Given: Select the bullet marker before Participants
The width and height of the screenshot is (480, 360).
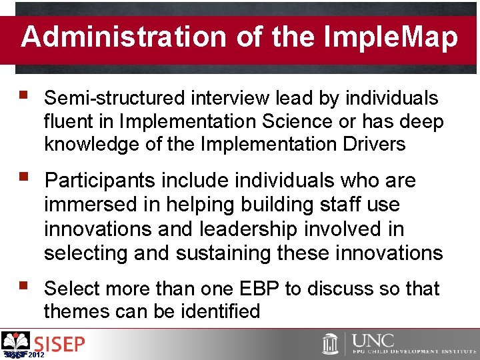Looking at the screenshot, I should pyautogui.click(x=25, y=179).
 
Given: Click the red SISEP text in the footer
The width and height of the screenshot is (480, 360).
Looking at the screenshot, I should pyautogui.click(x=59, y=345).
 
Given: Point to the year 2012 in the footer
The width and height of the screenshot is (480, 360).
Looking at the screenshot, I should pyautogui.click(x=37, y=355).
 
